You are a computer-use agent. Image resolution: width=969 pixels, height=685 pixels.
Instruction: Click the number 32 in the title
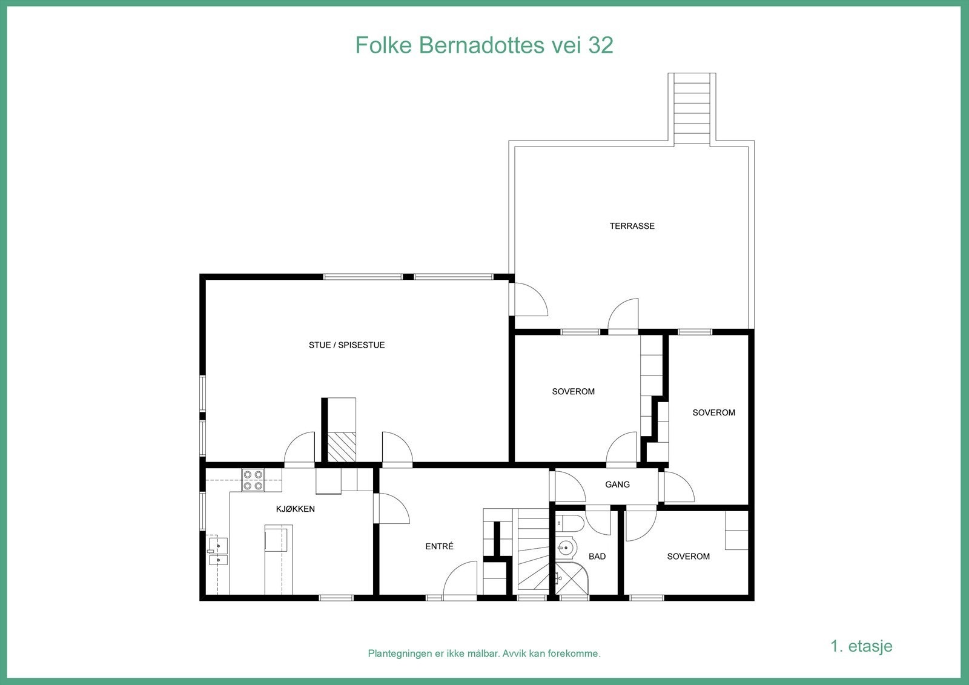tap(600, 45)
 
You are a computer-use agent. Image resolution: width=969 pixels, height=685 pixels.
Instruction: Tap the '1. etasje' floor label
tap(861, 646)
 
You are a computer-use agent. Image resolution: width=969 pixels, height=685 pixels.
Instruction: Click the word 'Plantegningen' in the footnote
tap(400, 654)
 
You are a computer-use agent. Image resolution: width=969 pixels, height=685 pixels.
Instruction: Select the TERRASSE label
tap(632, 226)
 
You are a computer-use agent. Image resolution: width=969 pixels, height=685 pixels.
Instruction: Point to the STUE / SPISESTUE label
tap(346, 345)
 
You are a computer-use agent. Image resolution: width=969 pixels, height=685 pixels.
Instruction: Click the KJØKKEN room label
tap(296, 509)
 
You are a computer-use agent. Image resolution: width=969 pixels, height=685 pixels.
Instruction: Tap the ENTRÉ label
tap(439, 546)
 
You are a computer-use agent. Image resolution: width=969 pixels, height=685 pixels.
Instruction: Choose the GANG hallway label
tap(617, 485)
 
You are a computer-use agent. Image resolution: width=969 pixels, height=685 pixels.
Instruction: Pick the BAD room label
tap(597, 557)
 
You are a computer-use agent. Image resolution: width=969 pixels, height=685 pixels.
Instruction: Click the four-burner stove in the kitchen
tap(253, 480)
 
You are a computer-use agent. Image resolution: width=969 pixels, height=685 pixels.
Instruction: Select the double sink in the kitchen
tap(217, 551)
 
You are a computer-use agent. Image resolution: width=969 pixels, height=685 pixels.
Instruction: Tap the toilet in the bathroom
tap(570, 523)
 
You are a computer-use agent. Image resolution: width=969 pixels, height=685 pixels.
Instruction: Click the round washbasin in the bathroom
tap(566, 548)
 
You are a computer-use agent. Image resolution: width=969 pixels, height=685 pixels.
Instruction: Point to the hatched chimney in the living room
tap(342, 448)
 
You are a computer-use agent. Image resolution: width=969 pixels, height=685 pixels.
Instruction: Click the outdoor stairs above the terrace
tap(692, 109)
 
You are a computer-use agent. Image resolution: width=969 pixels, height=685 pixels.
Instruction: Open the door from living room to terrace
tap(528, 299)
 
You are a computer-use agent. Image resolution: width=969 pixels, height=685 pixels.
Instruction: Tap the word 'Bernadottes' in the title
tap(480, 45)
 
